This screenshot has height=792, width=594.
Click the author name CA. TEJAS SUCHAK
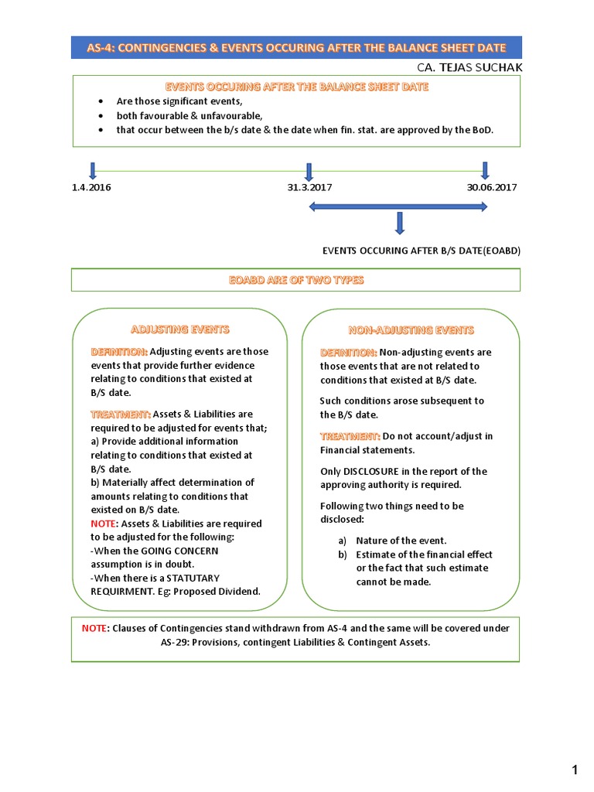tap(469, 67)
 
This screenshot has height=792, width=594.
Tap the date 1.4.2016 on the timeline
tap(91, 187)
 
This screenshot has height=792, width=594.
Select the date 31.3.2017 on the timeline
tap(309, 187)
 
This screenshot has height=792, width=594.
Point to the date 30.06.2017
tap(492, 187)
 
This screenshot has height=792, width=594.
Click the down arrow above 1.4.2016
tap(93, 170)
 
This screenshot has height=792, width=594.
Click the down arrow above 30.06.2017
tap(486, 170)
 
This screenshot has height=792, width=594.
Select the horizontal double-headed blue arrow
tap(398, 207)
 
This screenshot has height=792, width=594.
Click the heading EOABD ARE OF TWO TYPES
tap(295, 280)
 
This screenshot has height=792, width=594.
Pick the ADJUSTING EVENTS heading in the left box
tap(180, 329)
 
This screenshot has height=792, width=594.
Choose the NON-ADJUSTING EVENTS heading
tap(411, 330)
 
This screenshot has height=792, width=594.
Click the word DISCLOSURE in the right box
tap(376, 471)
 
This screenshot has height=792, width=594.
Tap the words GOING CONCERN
tap(179, 551)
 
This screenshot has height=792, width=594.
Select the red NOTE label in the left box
tap(104, 524)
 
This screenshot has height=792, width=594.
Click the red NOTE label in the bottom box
tap(95, 628)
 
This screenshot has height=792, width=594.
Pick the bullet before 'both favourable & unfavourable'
tap(101, 116)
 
